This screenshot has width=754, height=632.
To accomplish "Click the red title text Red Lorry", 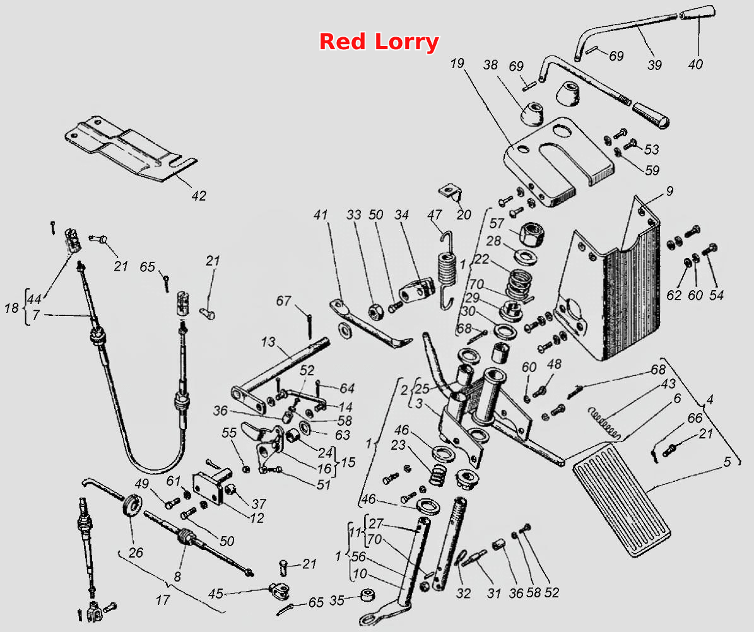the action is pyautogui.click(x=379, y=42).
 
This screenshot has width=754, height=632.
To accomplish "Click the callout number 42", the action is pyautogui.click(x=199, y=196).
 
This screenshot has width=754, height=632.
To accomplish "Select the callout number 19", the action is pyautogui.click(x=457, y=63).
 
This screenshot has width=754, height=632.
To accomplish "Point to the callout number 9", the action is pyautogui.click(x=669, y=191).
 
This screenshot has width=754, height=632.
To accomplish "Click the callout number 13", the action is pyautogui.click(x=268, y=342).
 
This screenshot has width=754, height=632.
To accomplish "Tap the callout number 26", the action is pyautogui.click(x=136, y=553).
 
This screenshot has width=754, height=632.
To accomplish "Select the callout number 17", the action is pyautogui.click(x=163, y=600).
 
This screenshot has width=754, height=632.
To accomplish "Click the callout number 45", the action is pyautogui.click(x=215, y=594).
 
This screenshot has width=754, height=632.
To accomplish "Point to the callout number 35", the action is pyautogui.click(x=336, y=600).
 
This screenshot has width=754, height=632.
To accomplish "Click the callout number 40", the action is pyautogui.click(x=695, y=64).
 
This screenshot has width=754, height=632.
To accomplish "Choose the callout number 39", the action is pyautogui.click(x=654, y=64).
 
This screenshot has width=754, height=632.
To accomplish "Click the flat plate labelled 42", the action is pyautogui.click(x=131, y=148).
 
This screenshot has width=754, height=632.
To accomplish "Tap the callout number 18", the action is pyautogui.click(x=11, y=308).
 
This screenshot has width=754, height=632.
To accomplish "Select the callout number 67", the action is pyautogui.click(x=283, y=301).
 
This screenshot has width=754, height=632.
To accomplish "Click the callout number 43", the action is pyautogui.click(x=668, y=383).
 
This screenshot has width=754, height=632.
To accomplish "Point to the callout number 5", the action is pyautogui.click(x=727, y=461).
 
